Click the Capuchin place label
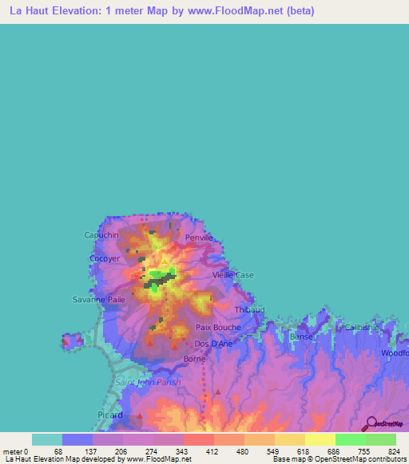click(x=101, y=235)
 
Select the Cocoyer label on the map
click(x=105, y=259)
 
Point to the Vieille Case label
click(x=232, y=275)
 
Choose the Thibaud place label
click(x=249, y=309)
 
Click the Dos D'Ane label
click(x=214, y=344)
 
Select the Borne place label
click(x=194, y=360)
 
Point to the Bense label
click(x=301, y=337)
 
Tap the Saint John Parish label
click(x=149, y=383)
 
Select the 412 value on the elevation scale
click(x=212, y=450)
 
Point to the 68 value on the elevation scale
click(x=58, y=450)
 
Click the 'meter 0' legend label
click(x=14, y=450)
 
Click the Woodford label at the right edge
click(x=395, y=353)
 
